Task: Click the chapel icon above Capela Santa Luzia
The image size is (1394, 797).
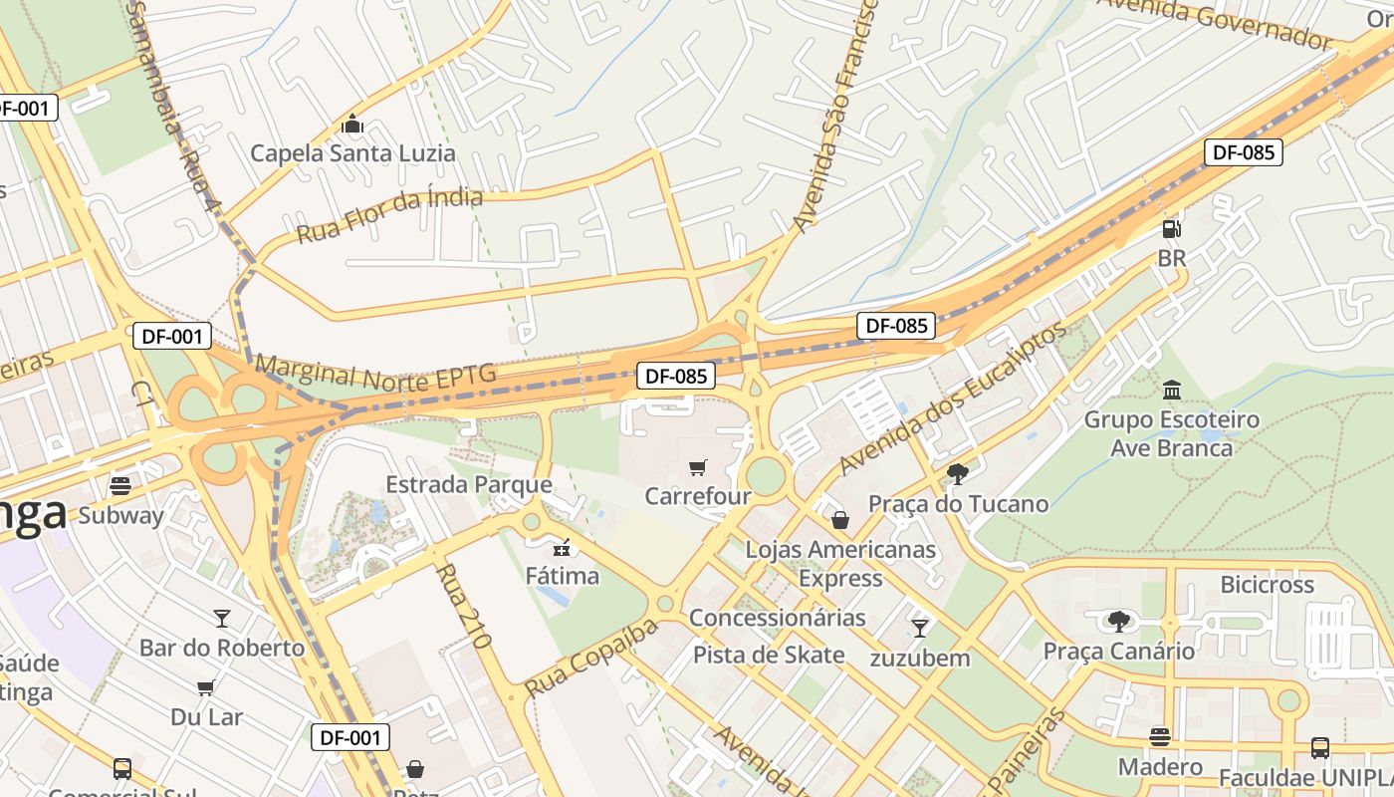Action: tap(352, 125)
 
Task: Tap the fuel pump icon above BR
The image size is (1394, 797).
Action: tap(1172, 228)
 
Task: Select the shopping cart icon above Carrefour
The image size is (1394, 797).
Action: tap(698, 467)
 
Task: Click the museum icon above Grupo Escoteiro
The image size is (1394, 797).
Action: tap(1172, 390)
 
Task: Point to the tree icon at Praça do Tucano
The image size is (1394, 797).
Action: tap(958, 474)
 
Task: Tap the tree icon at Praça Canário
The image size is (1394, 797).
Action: tap(1118, 622)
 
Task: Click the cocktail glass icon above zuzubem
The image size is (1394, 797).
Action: tap(920, 628)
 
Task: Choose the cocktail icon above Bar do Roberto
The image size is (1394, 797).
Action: tap(221, 619)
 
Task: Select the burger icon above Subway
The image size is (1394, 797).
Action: tap(120, 486)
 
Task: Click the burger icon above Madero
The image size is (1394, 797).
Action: tap(1160, 737)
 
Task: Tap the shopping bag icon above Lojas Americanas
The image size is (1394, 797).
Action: tap(840, 520)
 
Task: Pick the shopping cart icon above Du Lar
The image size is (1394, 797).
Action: tap(206, 687)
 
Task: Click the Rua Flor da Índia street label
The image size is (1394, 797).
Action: tap(389, 215)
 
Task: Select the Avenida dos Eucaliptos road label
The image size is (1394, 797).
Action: tap(952, 398)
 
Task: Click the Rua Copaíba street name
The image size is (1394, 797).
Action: tap(590, 659)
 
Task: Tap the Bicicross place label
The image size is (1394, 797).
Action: tap(1267, 585)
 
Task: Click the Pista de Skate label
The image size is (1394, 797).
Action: tap(769, 655)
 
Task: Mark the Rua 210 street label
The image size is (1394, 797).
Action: tap(464, 606)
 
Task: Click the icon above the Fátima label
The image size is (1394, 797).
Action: tap(563, 547)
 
